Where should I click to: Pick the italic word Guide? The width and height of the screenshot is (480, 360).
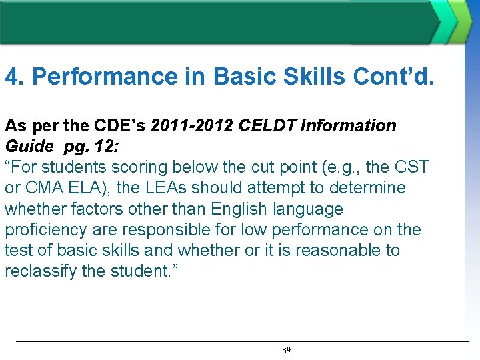[x=30, y=146]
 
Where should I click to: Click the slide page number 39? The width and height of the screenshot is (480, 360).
[x=286, y=350]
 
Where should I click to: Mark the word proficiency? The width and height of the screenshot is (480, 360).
[x=46, y=230]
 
